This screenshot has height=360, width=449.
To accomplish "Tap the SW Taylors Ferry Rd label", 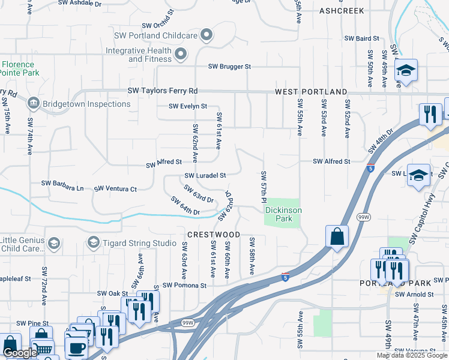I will click(163, 91).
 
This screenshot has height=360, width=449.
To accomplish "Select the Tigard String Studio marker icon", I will click(93, 242).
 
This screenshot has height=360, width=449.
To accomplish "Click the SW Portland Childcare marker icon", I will click(206, 36).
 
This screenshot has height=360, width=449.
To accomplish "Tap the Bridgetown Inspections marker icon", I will click(34, 104).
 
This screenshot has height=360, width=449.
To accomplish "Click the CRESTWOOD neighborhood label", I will click(213, 235).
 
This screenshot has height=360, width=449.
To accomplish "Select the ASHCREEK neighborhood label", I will click(342, 11).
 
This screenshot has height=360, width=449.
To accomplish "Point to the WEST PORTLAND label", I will click(311, 92).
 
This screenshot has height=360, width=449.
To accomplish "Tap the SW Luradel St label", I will click(205, 176).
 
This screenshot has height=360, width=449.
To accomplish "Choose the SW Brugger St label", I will click(229, 67).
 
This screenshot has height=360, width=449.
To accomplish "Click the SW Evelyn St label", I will click(188, 106).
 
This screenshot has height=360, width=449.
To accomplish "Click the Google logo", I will click(20, 353).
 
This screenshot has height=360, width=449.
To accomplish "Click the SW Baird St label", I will click(362, 38).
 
